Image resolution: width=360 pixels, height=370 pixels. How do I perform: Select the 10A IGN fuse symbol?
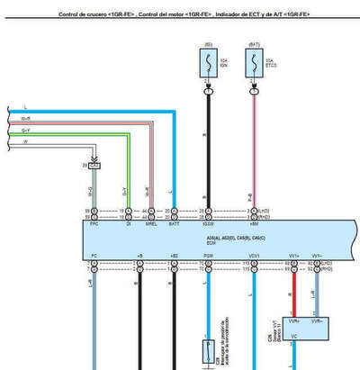pyautogui.click(x=208, y=63)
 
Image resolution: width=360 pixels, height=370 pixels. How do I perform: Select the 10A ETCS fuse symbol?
pyautogui.click(x=256, y=63)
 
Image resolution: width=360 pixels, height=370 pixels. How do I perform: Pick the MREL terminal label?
pyautogui.click(x=151, y=223)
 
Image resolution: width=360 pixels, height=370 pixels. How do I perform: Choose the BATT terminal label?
pyautogui.click(x=173, y=223)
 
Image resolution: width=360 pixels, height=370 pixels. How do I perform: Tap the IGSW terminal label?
pyautogui.click(x=208, y=223)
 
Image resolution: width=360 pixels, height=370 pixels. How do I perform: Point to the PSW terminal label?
pyautogui.click(x=208, y=256)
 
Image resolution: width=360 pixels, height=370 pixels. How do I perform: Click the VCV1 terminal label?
pyautogui.click(x=256, y=256)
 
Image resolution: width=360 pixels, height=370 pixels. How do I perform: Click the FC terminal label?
pyautogui.click(x=94, y=256)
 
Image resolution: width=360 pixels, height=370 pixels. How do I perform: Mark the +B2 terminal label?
pyautogui.click(x=173, y=256)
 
